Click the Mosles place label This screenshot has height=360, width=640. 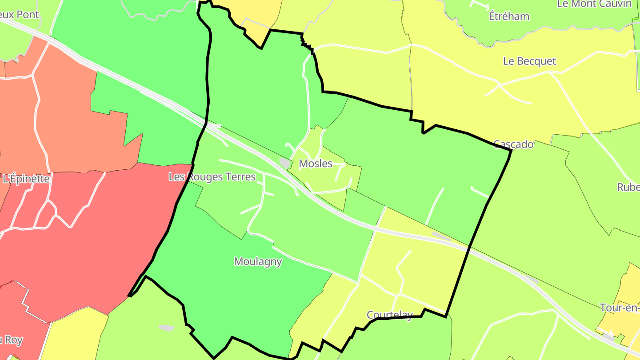(x=316, y=164)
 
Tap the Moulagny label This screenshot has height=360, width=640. (x=258, y=261)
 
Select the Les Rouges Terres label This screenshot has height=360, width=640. (x=212, y=177)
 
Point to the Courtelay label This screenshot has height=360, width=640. (x=389, y=315)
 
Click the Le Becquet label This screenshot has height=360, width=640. (x=529, y=61)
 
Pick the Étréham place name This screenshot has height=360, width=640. (x=509, y=16)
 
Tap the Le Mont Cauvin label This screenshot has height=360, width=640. (x=594, y=4)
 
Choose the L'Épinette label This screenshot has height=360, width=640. (x=26, y=179)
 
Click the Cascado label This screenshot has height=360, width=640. (x=513, y=144)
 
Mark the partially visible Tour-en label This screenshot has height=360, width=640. (x=620, y=308)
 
